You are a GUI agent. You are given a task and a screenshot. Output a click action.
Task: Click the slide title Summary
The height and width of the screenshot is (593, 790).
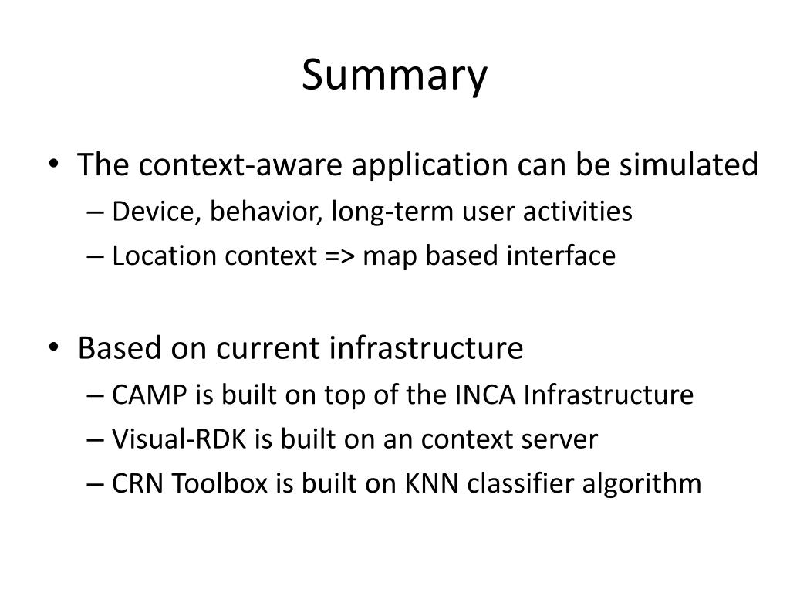tap(394, 76)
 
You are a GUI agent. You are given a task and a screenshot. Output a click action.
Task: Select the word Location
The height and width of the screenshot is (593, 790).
tap(165, 256)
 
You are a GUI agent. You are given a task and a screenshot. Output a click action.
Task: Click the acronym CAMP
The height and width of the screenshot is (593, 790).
tap(150, 395)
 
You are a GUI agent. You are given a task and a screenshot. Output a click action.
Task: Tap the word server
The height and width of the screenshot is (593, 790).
tap(560, 439)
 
